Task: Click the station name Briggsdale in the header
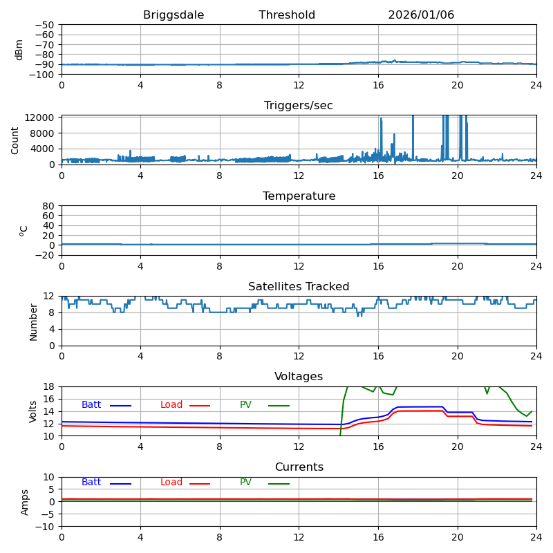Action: [172, 15]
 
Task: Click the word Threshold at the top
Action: [287, 15]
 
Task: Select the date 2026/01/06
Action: [421, 15]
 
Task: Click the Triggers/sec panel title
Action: [299, 106]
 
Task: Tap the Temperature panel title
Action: [299, 196]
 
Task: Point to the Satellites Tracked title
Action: [299, 287]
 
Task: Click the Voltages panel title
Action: [299, 377]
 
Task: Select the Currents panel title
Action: [299, 467]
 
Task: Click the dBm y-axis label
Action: [19, 50]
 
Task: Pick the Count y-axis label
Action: [15, 140]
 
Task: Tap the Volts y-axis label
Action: [33, 411]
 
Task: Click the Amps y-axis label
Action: [25, 502]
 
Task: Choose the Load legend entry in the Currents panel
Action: [171, 482]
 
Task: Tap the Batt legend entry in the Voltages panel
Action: [91, 405]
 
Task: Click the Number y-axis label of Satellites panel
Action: [33, 321]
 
